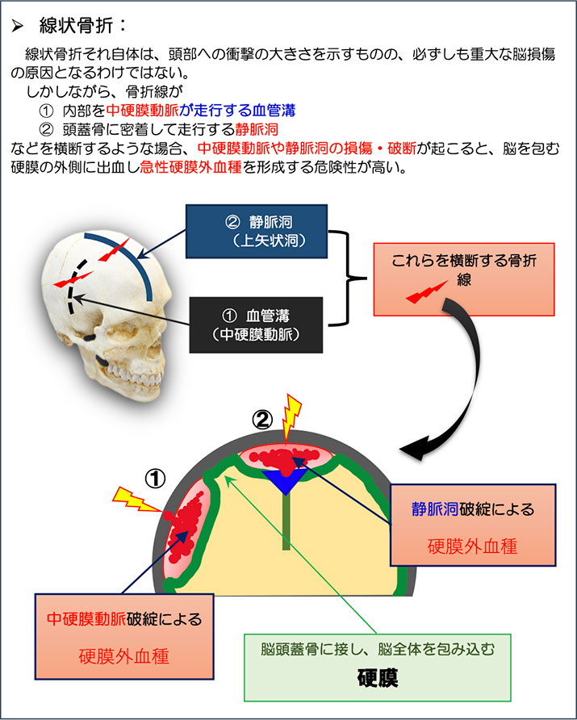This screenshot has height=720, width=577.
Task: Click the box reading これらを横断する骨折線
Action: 463,279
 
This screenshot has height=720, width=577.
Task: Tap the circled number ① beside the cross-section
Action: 154,478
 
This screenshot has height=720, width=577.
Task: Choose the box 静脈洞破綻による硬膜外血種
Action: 472,525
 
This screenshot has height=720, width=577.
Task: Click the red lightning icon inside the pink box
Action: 429,295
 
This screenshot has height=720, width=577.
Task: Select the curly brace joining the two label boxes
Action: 349,278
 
